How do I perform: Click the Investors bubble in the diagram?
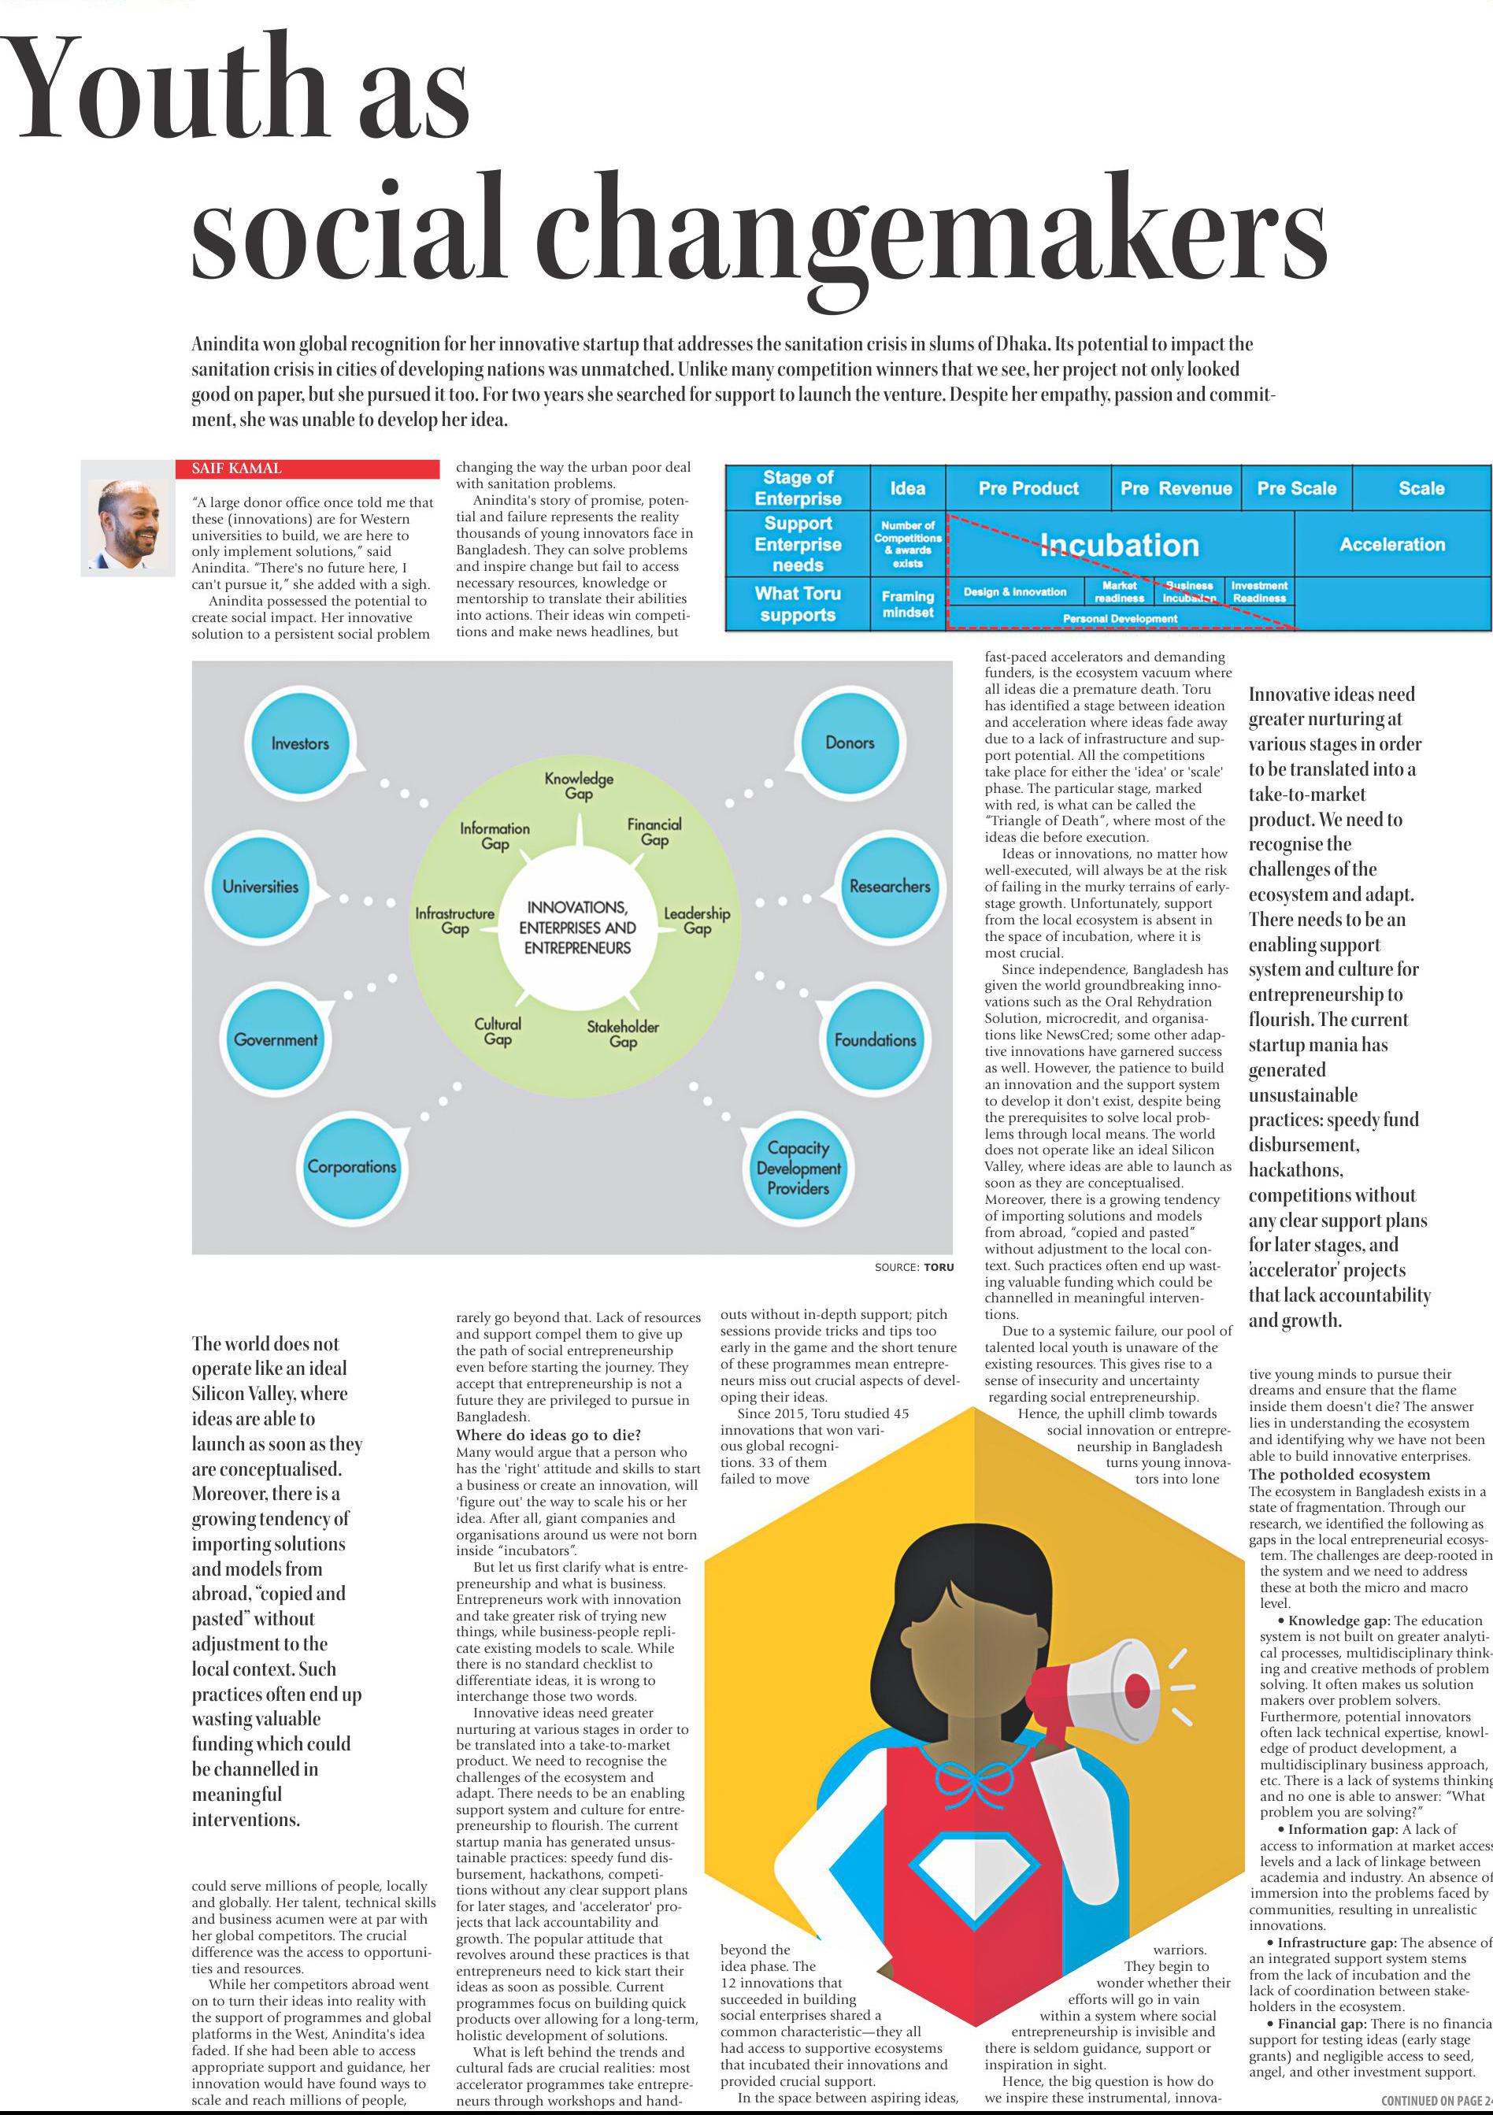coord(300,743)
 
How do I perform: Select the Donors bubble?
coord(849,742)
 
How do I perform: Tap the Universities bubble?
coord(261,886)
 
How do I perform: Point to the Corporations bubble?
coord(352,1166)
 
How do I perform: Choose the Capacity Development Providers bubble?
coord(798,1167)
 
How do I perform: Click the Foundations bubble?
coord(875,1040)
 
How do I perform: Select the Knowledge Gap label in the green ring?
coord(579,785)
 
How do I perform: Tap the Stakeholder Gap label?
coord(623,1034)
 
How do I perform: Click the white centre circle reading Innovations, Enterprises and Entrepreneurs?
coord(577,927)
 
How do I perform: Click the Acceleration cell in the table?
coord(1391,544)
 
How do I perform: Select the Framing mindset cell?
coord(907,604)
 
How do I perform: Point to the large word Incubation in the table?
coord(1119,546)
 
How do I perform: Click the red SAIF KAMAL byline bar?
coord(308,469)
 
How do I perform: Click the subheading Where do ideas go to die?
coord(548,1435)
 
